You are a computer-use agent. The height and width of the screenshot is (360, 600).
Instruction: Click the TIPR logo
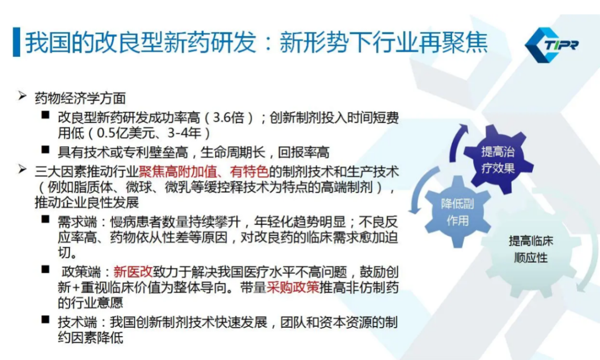[x=552, y=45]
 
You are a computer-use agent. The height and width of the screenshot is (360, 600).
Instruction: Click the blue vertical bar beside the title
[x=17, y=42]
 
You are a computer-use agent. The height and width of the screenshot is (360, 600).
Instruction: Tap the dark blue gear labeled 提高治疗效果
[x=498, y=159]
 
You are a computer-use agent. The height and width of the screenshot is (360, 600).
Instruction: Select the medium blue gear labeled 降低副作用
[x=457, y=212]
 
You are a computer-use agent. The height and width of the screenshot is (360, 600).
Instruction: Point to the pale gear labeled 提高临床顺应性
[x=530, y=249]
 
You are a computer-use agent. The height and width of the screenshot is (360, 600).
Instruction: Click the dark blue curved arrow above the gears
[x=457, y=142]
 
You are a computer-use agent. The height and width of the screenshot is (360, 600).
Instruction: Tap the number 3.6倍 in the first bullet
[x=228, y=117]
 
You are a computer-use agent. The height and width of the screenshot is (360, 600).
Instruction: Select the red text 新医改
[x=133, y=272]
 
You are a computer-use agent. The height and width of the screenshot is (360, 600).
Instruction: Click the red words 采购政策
[x=293, y=288]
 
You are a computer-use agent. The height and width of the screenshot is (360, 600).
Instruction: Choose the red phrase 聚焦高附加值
[x=178, y=172]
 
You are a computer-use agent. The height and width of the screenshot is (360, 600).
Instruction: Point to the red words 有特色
[x=249, y=172]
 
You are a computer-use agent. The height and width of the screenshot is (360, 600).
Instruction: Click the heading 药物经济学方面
[x=80, y=98]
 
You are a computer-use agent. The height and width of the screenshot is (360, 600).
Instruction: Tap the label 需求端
[x=77, y=222]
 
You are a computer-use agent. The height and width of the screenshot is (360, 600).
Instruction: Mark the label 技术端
[x=77, y=323]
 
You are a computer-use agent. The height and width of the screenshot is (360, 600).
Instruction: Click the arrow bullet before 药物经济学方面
[x=22, y=96]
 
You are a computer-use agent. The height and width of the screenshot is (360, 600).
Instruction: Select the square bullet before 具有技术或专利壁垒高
[x=46, y=149]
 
